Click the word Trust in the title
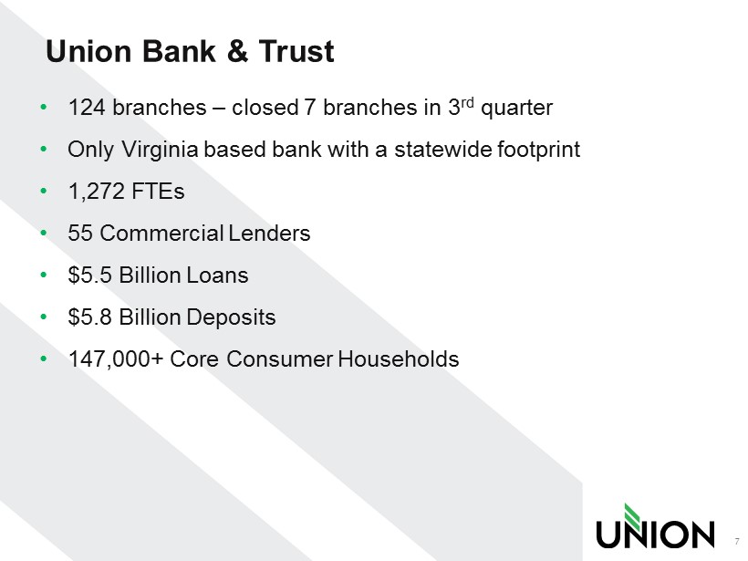point(296,51)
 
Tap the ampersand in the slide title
point(237,51)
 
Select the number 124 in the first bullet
point(87,108)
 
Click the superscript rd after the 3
point(467,102)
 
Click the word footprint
point(538,150)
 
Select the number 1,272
point(97,192)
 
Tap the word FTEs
point(158,192)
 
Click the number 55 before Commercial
point(80,234)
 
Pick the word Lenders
point(269,234)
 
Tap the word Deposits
point(231,317)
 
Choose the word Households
point(399,359)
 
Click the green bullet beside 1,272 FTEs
point(45,192)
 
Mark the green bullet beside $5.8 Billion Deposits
point(45,317)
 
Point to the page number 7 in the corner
point(737,542)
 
